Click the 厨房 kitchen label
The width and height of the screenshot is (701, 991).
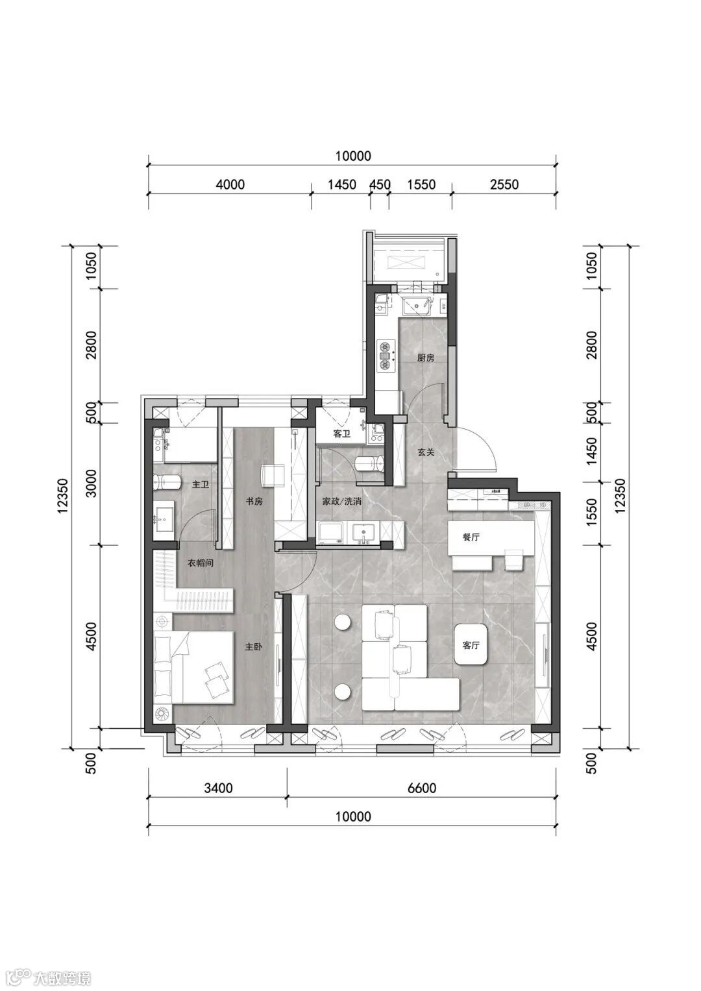426,358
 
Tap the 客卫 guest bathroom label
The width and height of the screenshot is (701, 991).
341,434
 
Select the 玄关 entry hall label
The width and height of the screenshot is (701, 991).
426,452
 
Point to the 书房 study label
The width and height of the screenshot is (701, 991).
254,501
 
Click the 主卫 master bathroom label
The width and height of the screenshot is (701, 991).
201,484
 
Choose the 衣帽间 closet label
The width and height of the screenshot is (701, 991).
201,563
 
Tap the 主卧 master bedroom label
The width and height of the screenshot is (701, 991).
254,647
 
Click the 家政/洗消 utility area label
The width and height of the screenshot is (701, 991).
341,501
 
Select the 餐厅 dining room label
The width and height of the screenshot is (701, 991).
471,537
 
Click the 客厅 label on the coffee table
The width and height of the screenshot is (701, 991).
471,646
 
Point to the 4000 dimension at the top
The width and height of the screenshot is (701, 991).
230,184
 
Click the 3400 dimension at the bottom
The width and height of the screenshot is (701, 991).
217,788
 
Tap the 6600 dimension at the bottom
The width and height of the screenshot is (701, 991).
421,788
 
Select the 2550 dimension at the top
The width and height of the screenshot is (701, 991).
504,184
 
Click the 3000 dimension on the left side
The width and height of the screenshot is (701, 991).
91,483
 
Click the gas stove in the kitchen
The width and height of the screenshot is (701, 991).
385,354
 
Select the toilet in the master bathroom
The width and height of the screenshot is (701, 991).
167,482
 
